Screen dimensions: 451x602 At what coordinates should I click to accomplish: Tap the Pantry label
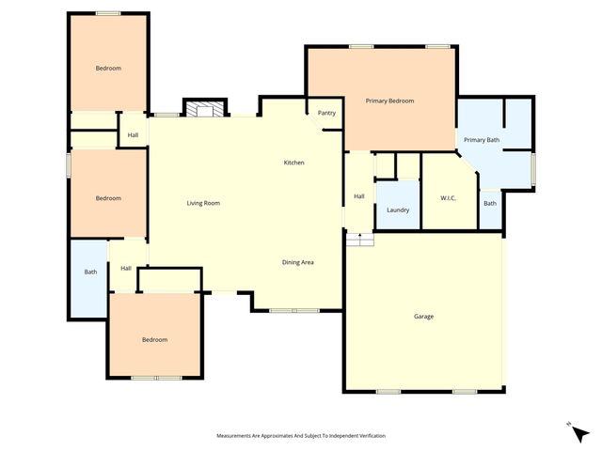coord(326,113)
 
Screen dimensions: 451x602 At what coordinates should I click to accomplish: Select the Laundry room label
coord(398,210)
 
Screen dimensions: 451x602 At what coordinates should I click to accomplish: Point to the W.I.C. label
coord(448,197)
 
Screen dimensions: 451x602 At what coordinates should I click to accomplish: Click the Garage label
coord(424,317)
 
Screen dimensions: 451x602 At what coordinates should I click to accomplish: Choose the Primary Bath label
coord(482,140)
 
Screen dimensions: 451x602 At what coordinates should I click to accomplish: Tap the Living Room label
coord(203,203)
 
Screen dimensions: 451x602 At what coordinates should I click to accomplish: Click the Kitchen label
coord(294,163)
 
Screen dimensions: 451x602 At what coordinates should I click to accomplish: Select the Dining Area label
coord(298,262)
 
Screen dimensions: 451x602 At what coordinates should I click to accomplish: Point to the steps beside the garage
coord(359,240)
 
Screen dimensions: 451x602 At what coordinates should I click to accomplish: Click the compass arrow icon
coord(580,432)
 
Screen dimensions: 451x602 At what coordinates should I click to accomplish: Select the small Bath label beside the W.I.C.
coord(490,203)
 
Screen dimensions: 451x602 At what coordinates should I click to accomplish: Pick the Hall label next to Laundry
coord(358,196)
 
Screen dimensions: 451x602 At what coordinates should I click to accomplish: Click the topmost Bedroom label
coord(108,68)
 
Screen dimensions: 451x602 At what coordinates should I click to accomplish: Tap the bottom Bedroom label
coord(154,339)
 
